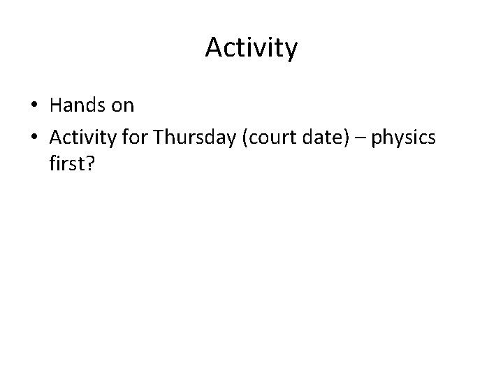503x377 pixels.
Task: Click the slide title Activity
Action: (251, 48)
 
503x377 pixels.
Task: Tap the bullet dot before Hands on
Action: (34, 107)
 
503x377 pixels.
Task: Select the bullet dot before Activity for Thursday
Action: (34, 139)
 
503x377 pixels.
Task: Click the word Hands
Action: (79, 106)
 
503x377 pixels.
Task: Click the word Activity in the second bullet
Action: (82, 139)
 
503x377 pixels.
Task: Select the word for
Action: (135, 138)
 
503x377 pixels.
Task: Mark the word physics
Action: (403, 139)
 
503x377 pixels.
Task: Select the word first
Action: (66, 170)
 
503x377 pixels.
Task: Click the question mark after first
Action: (89, 170)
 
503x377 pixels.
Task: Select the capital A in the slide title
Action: (213, 47)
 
